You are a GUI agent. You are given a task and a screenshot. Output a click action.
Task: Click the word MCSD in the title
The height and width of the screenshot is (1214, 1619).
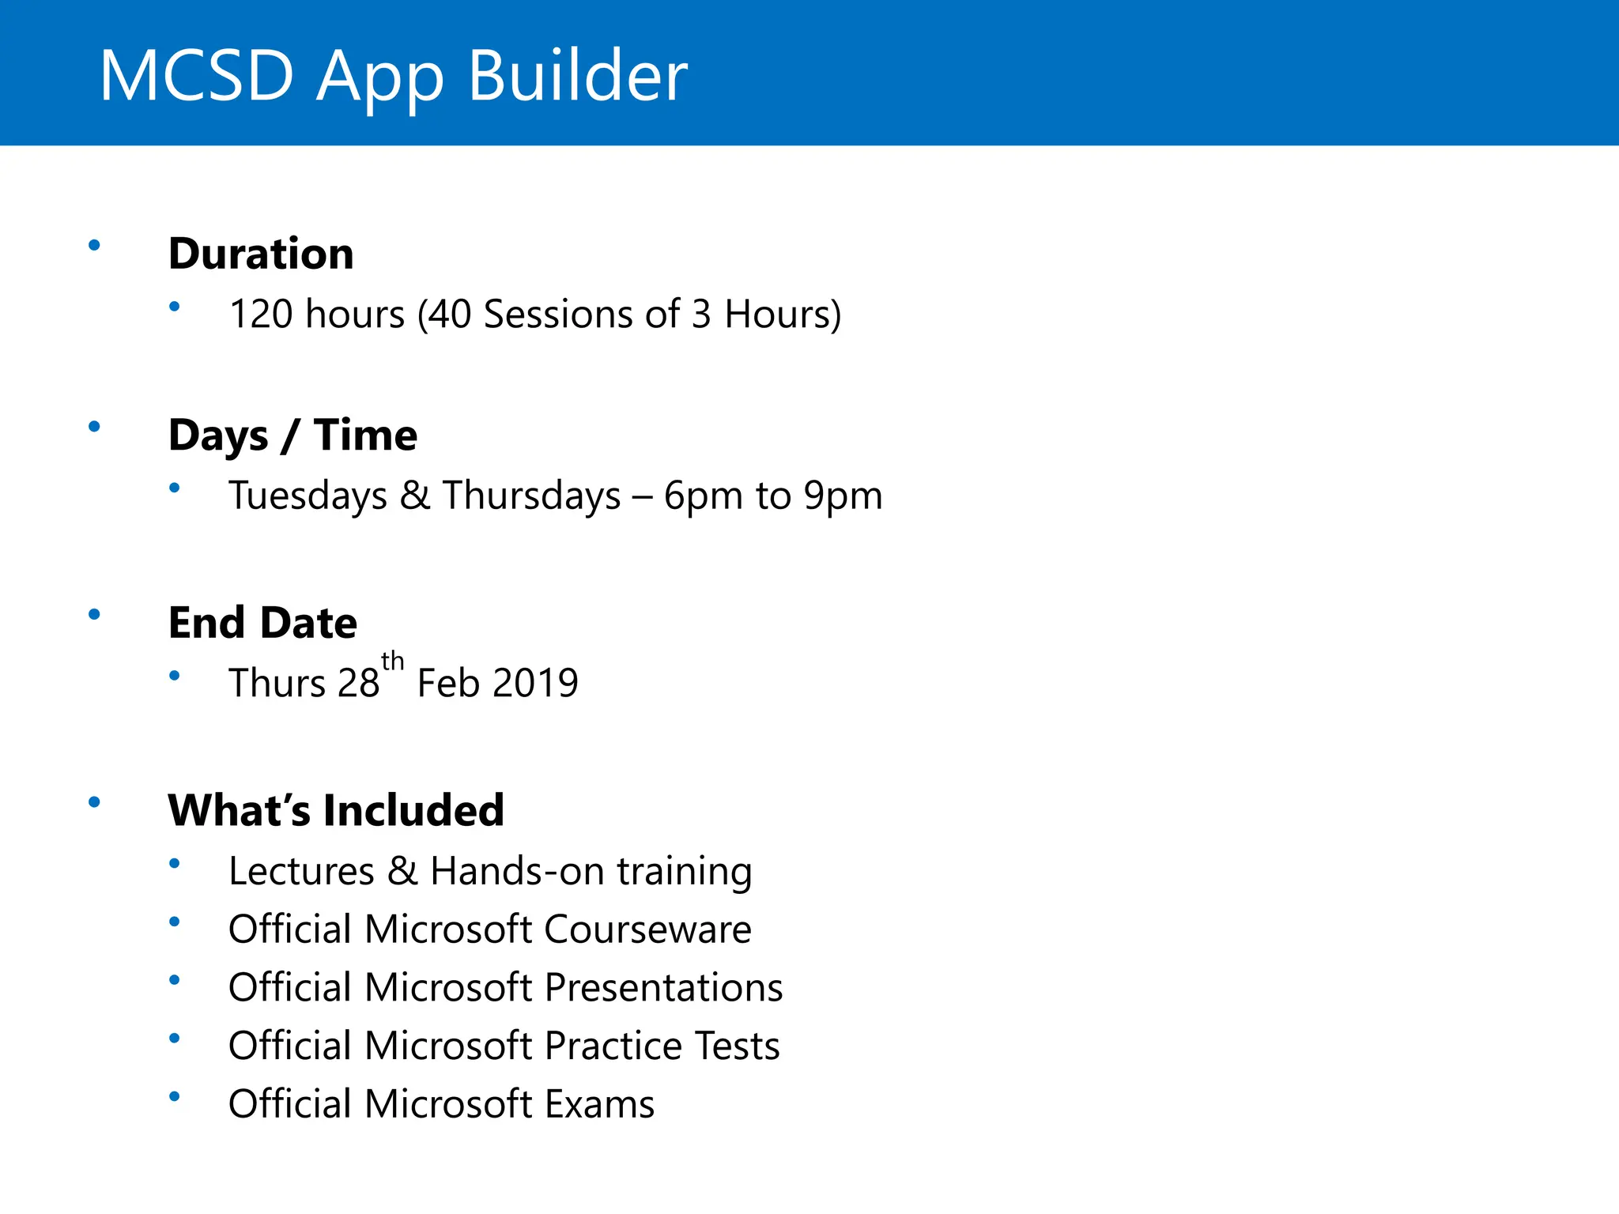(196, 76)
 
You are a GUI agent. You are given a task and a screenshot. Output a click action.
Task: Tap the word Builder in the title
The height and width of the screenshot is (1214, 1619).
(578, 76)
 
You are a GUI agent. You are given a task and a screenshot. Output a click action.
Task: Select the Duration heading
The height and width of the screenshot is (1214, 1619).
(261, 254)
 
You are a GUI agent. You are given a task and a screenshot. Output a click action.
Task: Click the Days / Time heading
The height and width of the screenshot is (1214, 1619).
(292, 435)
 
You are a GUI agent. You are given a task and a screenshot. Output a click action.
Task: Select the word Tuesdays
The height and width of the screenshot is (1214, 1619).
(308, 496)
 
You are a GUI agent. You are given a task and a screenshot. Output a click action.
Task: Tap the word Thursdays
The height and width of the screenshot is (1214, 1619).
(531, 496)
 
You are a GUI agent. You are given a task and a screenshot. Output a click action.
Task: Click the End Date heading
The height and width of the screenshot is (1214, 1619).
(262, 623)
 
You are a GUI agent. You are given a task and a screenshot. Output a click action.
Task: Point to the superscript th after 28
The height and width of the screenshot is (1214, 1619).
(392, 662)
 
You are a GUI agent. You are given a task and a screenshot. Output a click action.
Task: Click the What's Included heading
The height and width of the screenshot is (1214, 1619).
(336, 811)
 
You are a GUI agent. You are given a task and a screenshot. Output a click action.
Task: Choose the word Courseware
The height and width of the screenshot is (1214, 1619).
(647, 929)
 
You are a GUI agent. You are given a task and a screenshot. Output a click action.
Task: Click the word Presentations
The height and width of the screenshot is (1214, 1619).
(663, 988)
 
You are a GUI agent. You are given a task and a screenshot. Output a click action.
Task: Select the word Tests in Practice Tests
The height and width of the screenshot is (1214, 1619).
(736, 1046)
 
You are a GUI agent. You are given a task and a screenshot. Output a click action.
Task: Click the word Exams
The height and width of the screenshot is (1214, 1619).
(599, 1104)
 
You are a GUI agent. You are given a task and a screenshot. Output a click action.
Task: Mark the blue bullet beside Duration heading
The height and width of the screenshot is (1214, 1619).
(94, 246)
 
